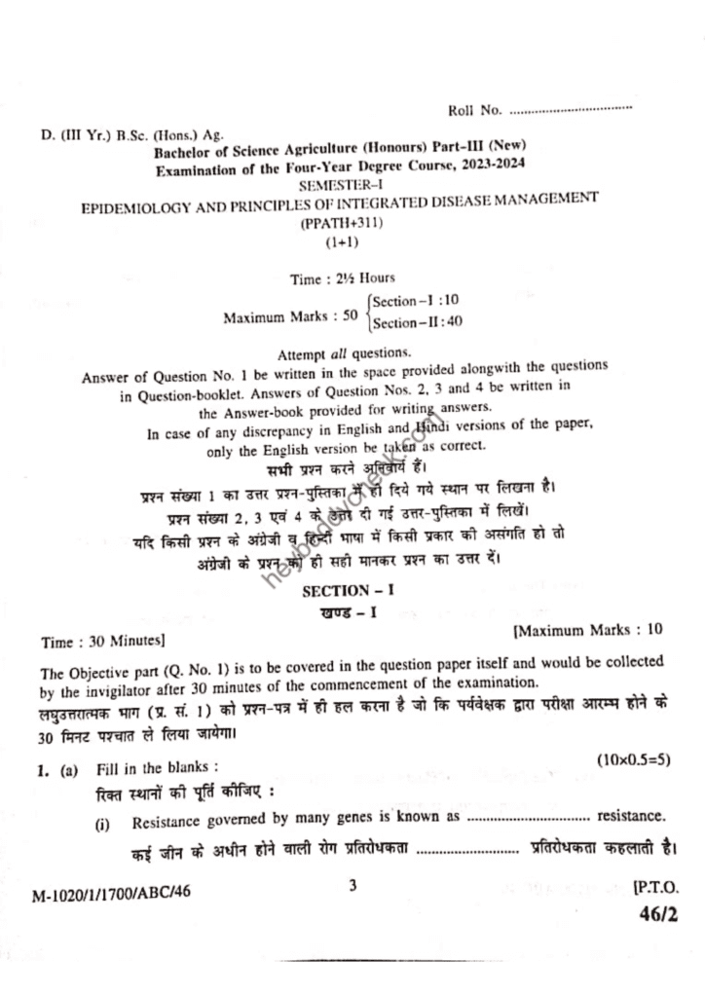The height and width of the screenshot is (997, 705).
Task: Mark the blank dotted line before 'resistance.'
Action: tap(529, 816)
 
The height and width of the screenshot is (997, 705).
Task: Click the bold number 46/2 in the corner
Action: tap(659, 915)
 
